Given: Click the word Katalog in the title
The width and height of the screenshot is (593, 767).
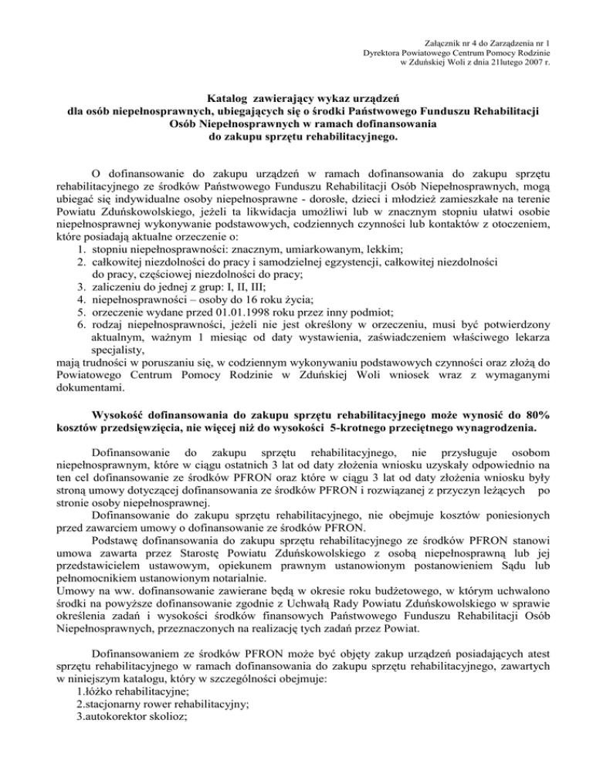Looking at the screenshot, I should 236,99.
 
